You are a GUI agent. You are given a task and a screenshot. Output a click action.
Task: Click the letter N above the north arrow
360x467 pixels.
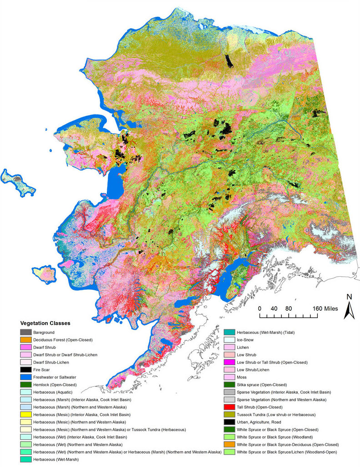pos(350,297)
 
